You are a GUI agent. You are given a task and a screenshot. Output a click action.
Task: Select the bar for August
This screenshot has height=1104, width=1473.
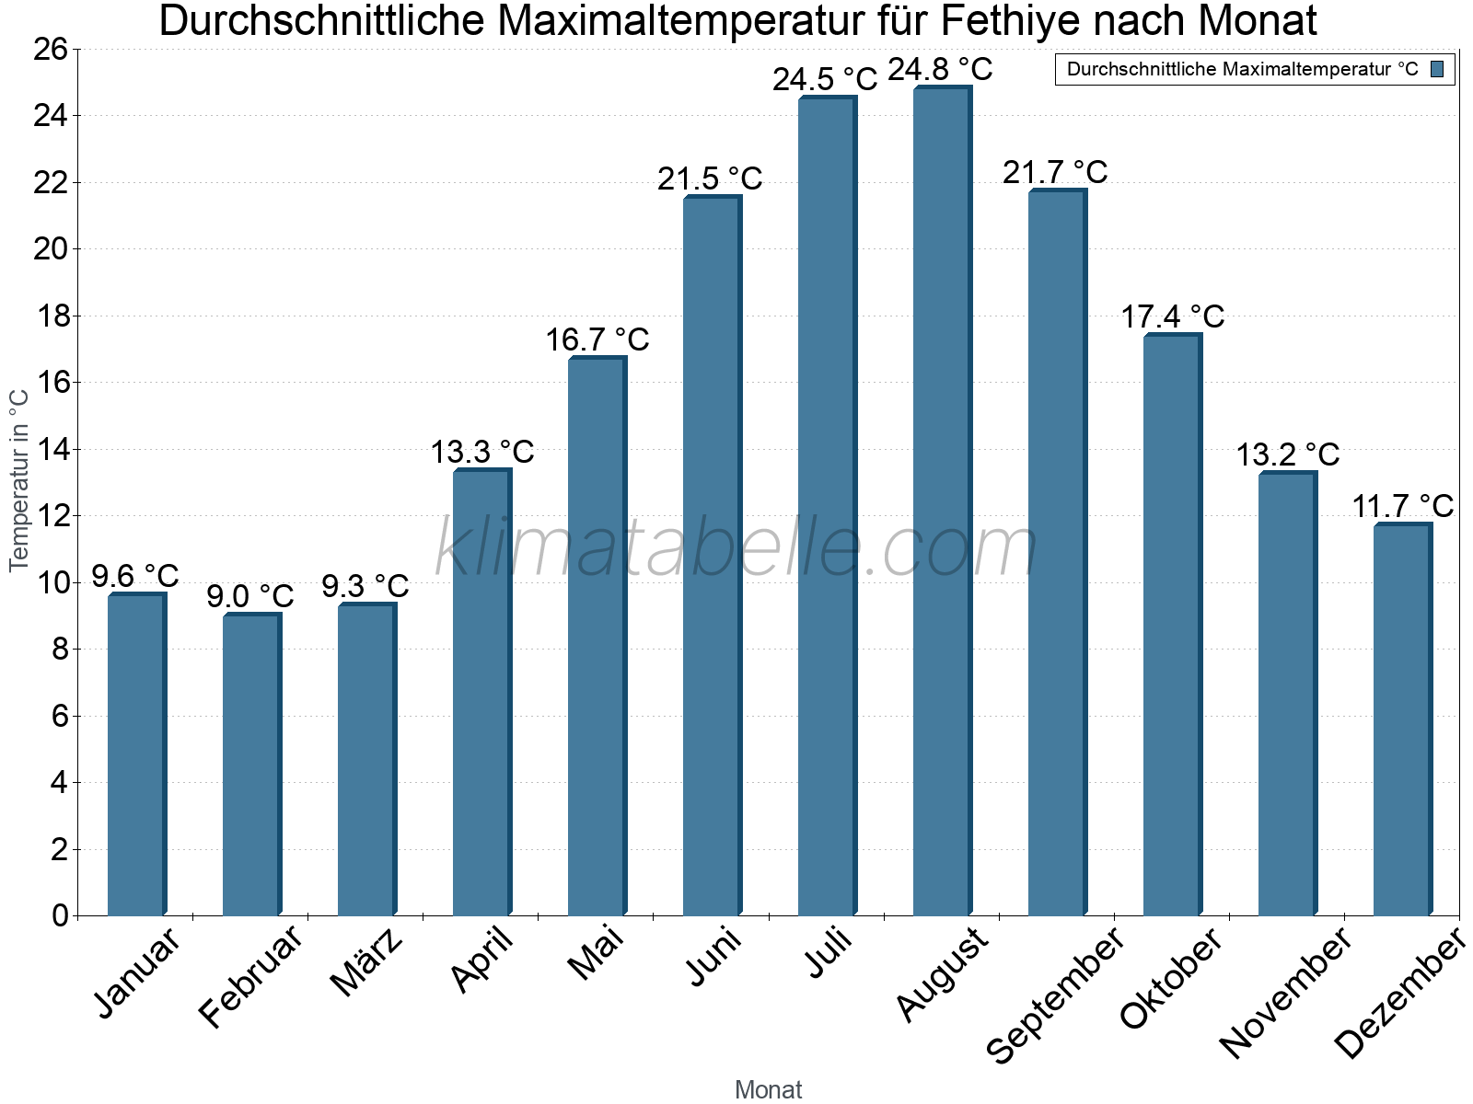click(942, 501)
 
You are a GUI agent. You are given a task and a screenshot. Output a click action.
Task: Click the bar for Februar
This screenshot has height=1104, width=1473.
click(251, 764)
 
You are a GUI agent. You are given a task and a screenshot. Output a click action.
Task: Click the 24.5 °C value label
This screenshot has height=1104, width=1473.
click(825, 79)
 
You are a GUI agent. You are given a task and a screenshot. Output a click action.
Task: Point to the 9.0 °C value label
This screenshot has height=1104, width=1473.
click(249, 596)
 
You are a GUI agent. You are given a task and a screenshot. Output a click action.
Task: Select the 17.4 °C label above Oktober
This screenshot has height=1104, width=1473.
click(1172, 316)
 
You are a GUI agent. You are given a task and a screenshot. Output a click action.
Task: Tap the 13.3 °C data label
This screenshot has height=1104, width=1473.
click(482, 452)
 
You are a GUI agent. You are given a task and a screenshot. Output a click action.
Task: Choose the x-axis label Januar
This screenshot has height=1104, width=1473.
click(138, 973)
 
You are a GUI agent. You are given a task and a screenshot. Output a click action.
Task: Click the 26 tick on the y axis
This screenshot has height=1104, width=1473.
click(51, 49)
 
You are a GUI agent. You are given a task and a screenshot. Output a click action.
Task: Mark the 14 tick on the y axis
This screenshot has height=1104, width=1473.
click(51, 449)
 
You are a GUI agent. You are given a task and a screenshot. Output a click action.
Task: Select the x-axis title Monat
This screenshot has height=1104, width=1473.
click(768, 1089)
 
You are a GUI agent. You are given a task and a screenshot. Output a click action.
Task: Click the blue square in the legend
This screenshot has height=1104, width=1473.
click(1437, 69)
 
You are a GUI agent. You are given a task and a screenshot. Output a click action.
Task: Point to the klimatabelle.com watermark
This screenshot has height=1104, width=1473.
click(736, 547)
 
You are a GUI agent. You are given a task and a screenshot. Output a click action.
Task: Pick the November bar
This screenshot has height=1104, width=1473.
click(1287, 694)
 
